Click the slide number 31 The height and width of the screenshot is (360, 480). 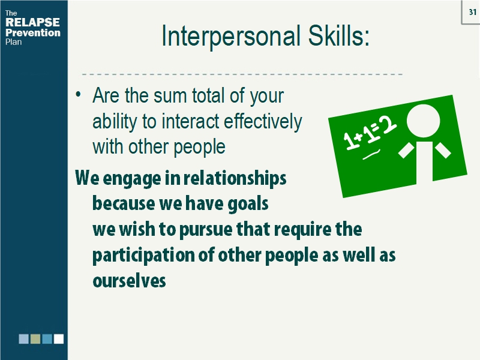coord(471,11)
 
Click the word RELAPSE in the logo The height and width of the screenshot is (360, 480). coord(32,23)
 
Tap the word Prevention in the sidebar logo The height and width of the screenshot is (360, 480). coord(32,32)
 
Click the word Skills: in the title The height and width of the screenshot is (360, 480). coord(336,37)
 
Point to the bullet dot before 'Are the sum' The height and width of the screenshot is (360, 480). coord(79,96)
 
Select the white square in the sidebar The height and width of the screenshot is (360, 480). coord(59,339)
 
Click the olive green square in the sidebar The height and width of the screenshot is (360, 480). coord(35,339)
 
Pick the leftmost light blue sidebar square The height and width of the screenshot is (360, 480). coord(23,339)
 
